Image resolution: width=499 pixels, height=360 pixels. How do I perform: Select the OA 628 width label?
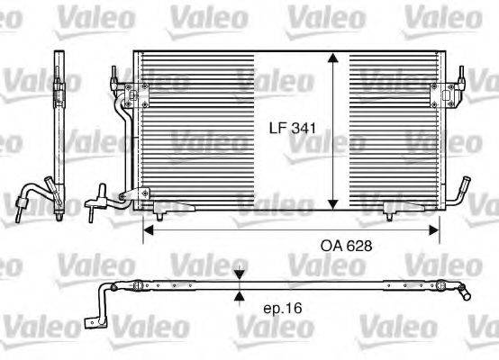[346, 244]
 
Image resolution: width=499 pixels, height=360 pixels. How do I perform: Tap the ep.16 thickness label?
[282, 308]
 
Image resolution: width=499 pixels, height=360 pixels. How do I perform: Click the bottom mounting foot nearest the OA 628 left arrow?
[159, 211]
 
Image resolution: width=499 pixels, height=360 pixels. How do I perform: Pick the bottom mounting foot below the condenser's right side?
[390, 211]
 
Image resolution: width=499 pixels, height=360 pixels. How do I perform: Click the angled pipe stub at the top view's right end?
[463, 292]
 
